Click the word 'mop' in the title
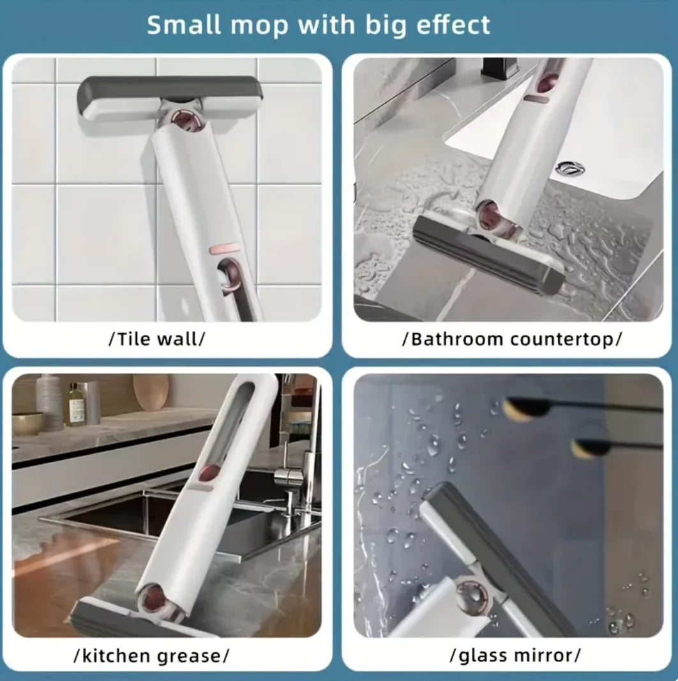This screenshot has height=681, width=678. [255, 26]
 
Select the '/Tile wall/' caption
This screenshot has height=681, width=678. [157, 339]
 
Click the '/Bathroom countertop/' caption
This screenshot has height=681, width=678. [511, 339]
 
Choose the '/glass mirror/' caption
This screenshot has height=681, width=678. [515, 655]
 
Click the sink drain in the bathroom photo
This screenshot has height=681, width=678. [569, 168]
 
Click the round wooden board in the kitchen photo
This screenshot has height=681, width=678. [151, 391]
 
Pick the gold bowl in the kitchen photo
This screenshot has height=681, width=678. [27, 423]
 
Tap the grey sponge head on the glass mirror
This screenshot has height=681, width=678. [492, 549]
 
